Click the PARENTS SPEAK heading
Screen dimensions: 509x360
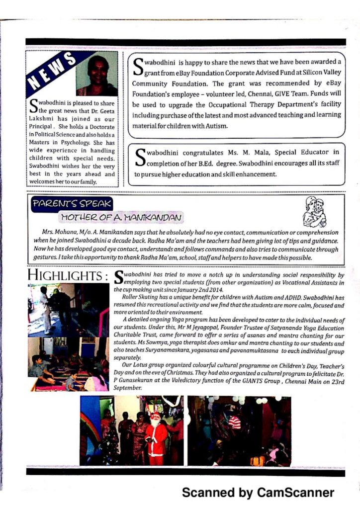point(72,204)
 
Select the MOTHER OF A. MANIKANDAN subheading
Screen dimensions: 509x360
point(121,217)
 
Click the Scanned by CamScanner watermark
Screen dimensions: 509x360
point(258,492)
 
